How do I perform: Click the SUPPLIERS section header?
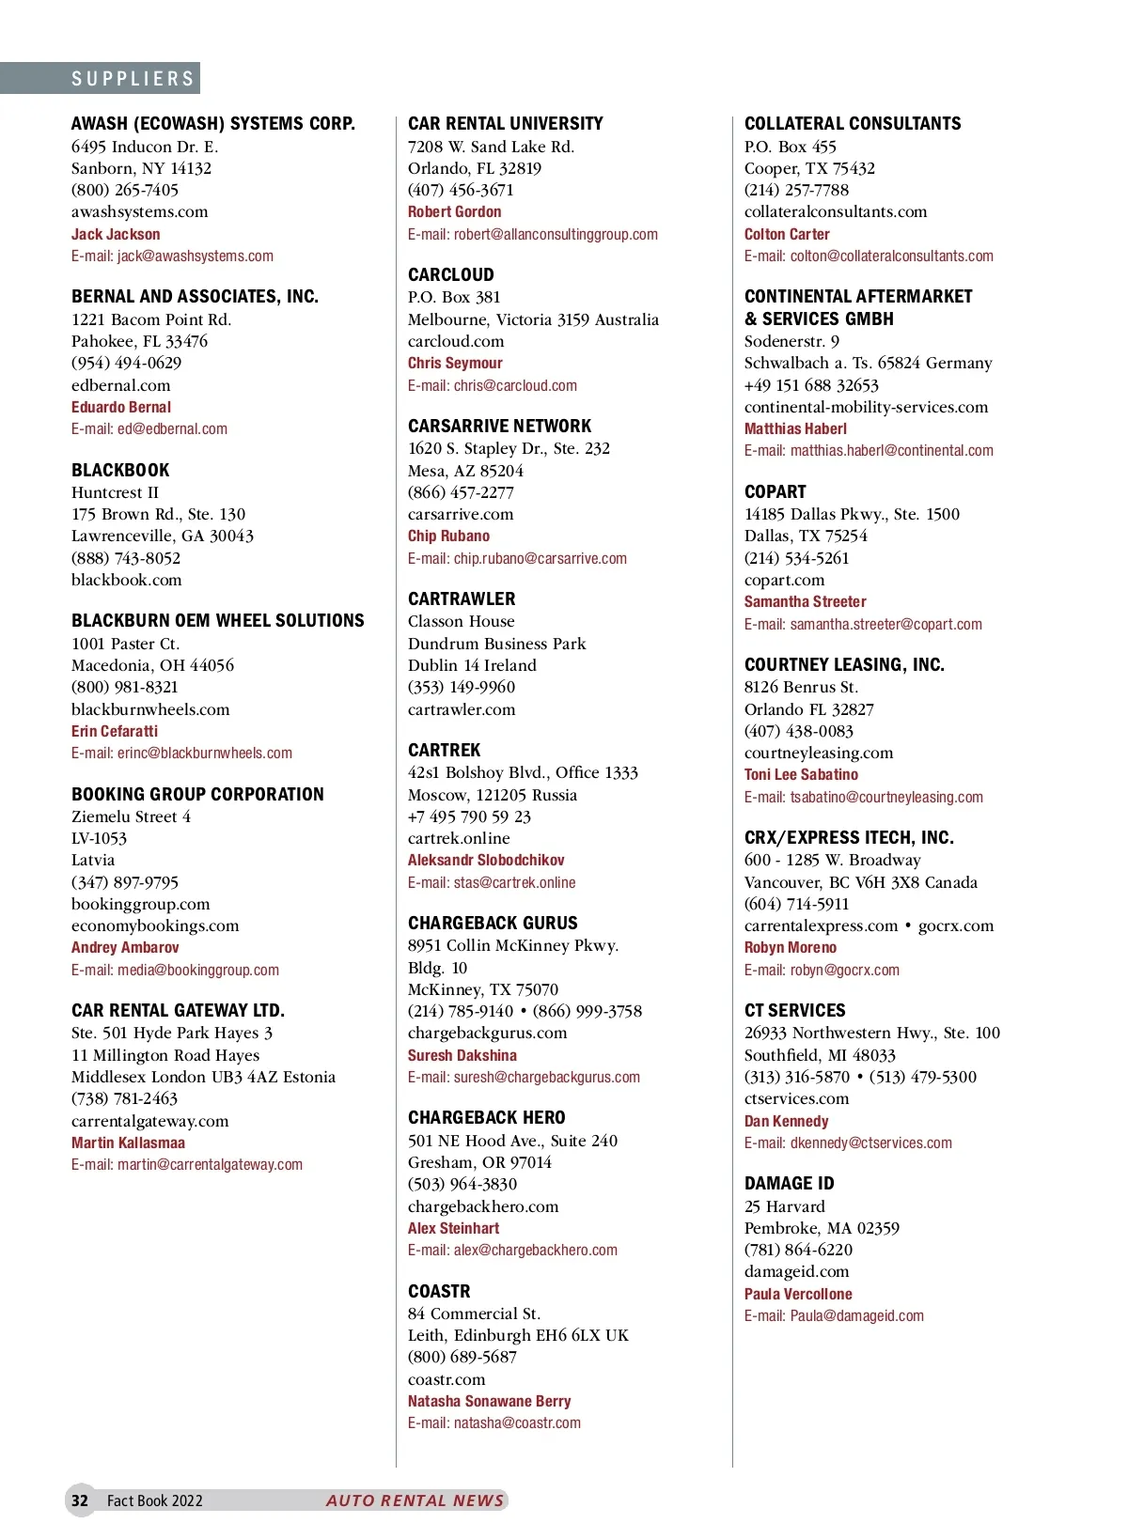click(133, 79)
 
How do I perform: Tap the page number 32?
click(80, 1500)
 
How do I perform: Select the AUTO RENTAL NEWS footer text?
click(415, 1500)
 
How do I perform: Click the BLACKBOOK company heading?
click(120, 470)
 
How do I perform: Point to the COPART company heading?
click(775, 491)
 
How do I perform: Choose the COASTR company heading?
click(439, 1291)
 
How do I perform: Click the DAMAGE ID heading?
click(789, 1183)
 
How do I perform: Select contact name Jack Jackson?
click(116, 234)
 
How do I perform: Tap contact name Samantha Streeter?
click(805, 601)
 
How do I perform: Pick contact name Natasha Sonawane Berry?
click(489, 1401)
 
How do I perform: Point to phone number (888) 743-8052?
click(126, 557)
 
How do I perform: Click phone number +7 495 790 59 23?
click(469, 816)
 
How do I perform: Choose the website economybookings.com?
click(155, 925)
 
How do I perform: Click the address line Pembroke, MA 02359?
click(822, 1228)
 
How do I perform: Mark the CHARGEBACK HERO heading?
click(486, 1117)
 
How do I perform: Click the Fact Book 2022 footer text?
click(154, 1500)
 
